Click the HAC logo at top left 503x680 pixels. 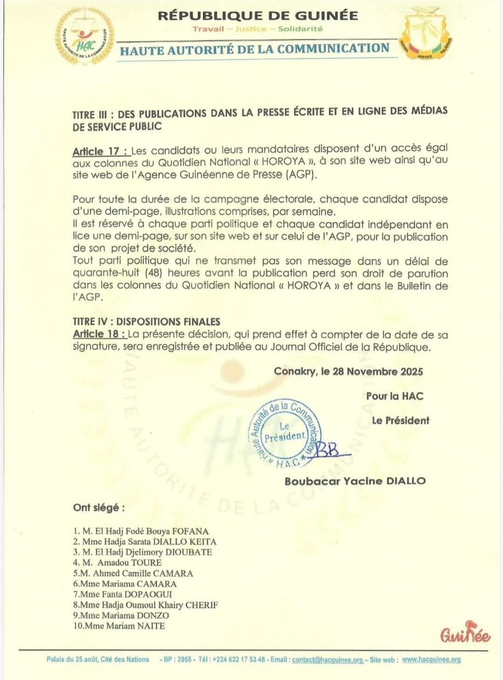pyautogui.click(x=85, y=36)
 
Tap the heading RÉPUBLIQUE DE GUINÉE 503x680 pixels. pyautogui.click(x=258, y=15)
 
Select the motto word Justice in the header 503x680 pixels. pyautogui.click(x=251, y=29)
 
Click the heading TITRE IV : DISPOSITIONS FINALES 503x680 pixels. pyautogui.click(x=146, y=322)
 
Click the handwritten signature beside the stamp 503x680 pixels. pyautogui.click(x=330, y=450)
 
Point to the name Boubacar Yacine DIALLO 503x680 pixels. pyautogui.click(x=355, y=481)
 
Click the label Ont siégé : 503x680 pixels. pyautogui.click(x=99, y=508)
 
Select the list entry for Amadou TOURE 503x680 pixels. pyautogui.click(x=117, y=563)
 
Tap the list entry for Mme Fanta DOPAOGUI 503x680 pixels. pyautogui.click(x=122, y=594)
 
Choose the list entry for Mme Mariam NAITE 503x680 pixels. pyautogui.click(x=119, y=626)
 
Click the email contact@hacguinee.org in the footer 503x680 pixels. pyautogui.click(x=327, y=659)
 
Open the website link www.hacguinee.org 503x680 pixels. pyautogui.click(x=431, y=659)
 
